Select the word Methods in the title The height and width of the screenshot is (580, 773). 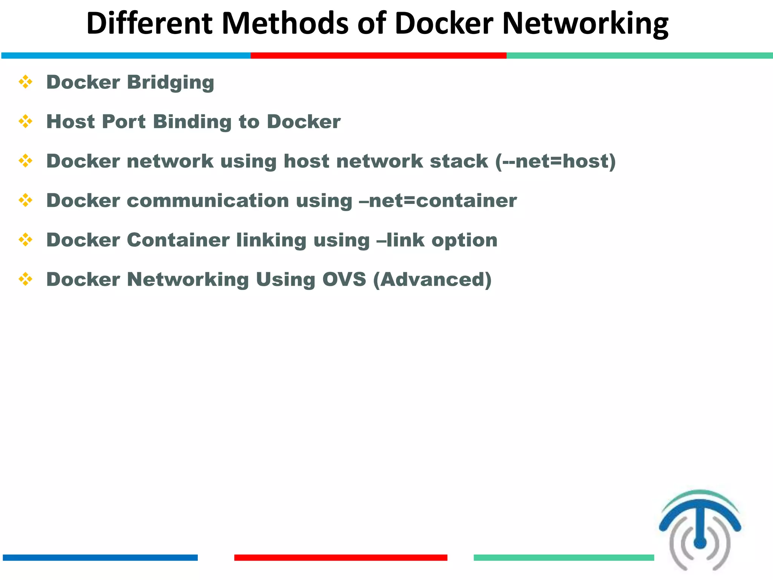pyautogui.click(x=285, y=23)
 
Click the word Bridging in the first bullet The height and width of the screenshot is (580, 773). pyautogui.click(x=171, y=83)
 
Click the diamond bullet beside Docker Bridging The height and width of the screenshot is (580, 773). pyautogui.click(x=26, y=82)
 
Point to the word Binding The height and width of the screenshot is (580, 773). pyautogui.click(x=192, y=122)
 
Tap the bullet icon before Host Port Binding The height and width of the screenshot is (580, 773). pyautogui.click(x=26, y=122)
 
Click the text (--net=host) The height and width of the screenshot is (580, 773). pyautogui.click(x=555, y=162)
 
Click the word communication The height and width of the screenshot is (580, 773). pyautogui.click(x=208, y=201)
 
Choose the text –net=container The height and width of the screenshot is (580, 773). pyautogui.click(x=438, y=201)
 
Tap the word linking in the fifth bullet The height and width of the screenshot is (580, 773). pyautogui.click(x=271, y=241)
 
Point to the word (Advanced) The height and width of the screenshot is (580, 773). pyautogui.click(x=433, y=280)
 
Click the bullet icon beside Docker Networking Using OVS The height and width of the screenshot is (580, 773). pyautogui.click(x=26, y=279)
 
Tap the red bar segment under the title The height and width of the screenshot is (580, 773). pyautogui.click(x=378, y=56)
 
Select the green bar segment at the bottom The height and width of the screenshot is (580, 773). pyautogui.click(x=564, y=558)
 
